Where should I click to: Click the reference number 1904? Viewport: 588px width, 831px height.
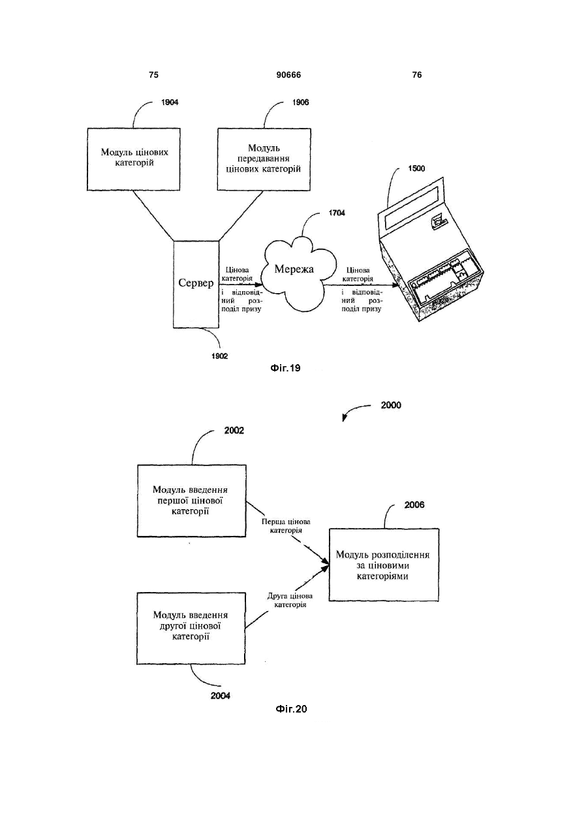pyautogui.click(x=170, y=102)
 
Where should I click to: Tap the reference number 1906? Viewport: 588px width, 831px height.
pyautogui.click(x=300, y=102)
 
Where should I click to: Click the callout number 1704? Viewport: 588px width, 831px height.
pyautogui.click(x=337, y=213)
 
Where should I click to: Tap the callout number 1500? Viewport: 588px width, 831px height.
pyautogui.click(x=416, y=169)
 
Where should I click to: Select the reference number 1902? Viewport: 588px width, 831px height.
pyautogui.click(x=220, y=356)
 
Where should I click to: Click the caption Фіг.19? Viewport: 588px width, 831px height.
pyautogui.click(x=285, y=368)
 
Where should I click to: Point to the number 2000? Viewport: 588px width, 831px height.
pyautogui.click(x=391, y=405)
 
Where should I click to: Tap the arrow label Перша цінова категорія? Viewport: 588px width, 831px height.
pyautogui.click(x=286, y=526)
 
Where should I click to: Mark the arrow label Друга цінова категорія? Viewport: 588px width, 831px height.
pyautogui.click(x=290, y=601)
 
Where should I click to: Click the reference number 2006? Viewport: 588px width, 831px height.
pyautogui.click(x=414, y=505)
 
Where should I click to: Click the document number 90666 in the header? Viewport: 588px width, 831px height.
pyautogui.click(x=288, y=75)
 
